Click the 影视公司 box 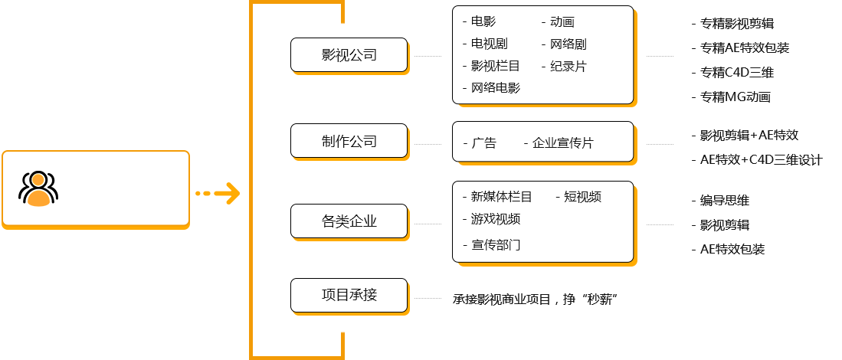tap(349, 55)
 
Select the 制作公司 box tap(349, 141)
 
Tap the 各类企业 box tap(349, 221)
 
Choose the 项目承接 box tap(349, 295)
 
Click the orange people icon tap(38, 189)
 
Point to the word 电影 tap(483, 22)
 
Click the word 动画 tap(562, 22)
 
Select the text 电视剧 tap(490, 44)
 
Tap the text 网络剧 tap(568, 44)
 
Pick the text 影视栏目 tap(496, 67)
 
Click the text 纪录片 tap(568, 67)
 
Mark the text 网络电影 tap(496, 88)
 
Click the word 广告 tap(484, 143)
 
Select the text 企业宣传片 tap(563, 143)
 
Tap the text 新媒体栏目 tap(502, 197)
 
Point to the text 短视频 tap(583, 197)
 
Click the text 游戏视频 tap(496, 219)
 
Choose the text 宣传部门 tap(496, 245)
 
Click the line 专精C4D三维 tap(737, 73)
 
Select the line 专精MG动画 tap(736, 97)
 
